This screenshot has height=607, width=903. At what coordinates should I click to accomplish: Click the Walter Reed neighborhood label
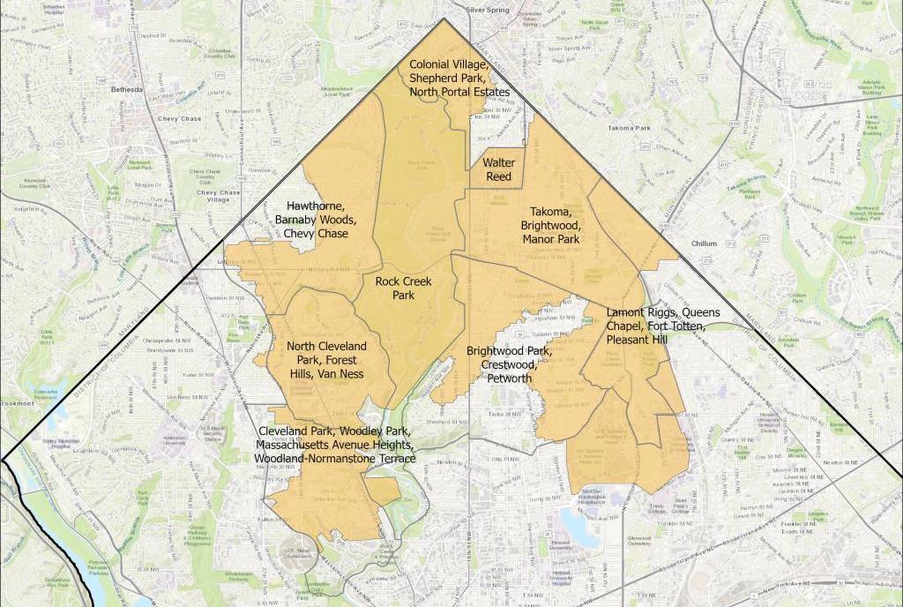pyautogui.click(x=498, y=169)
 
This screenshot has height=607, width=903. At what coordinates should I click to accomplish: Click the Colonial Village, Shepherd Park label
pyautogui.click(x=459, y=78)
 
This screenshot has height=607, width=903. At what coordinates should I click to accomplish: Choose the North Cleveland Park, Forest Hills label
pyautogui.click(x=326, y=360)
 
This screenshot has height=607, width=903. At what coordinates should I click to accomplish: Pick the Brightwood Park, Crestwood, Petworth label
pyautogui.click(x=509, y=364)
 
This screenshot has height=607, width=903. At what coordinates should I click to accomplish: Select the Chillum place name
pyautogui.click(x=705, y=243)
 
